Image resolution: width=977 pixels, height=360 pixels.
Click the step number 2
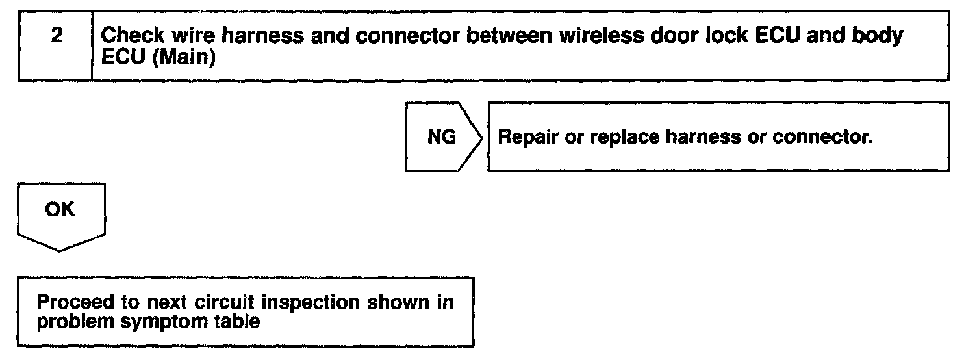57,36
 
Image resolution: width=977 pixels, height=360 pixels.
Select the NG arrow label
442,137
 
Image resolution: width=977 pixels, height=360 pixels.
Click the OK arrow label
60,210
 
